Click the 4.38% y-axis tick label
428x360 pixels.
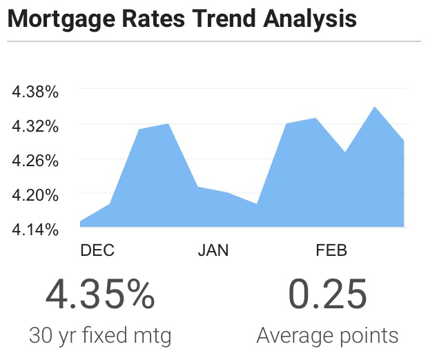pyautogui.click(x=35, y=92)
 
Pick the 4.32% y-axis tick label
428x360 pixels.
pyautogui.click(x=35, y=127)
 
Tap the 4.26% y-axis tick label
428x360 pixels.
pyautogui.click(x=35, y=161)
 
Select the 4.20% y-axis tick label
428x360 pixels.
pyautogui.click(x=35, y=195)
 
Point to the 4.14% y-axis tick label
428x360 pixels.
pyautogui.click(x=35, y=230)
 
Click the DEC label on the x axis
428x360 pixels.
pyautogui.click(x=97, y=250)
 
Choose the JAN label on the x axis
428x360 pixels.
pyautogui.click(x=213, y=250)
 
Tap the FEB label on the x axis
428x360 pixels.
pyautogui.click(x=331, y=250)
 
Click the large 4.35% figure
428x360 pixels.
pyautogui.click(x=100, y=294)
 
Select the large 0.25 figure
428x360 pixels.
pyautogui.click(x=327, y=294)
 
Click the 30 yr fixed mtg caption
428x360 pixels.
pyautogui.click(x=100, y=336)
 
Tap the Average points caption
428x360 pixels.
pyautogui.click(x=327, y=336)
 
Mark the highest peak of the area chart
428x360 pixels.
pyautogui.click(x=374, y=107)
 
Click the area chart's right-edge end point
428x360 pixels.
pyautogui.click(x=403, y=141)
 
